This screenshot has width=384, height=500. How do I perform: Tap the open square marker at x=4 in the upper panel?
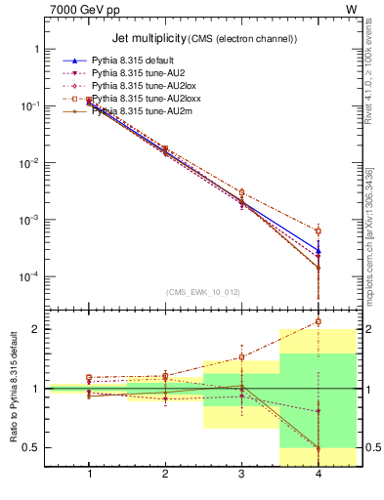318,230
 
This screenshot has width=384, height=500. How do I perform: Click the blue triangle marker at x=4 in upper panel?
318,251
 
